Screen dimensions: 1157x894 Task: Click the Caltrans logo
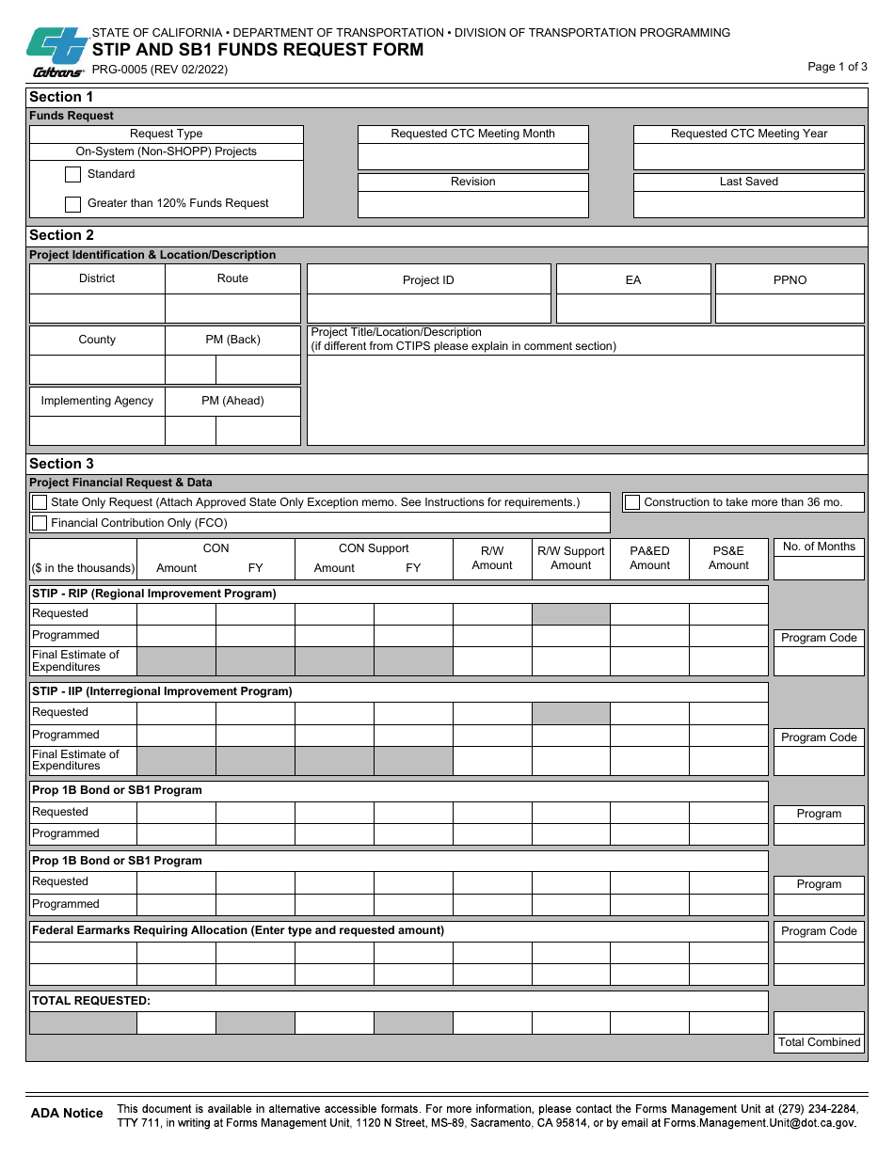[56, 52]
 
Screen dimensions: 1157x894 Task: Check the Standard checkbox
[72, 174]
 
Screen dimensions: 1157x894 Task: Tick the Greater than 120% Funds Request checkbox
[72, 204]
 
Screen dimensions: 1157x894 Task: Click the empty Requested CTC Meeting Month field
[472, 157]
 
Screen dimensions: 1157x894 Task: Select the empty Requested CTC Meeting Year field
[748, 157]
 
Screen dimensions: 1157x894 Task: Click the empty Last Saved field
[748, 205]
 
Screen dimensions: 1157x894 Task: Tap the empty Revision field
[472, 205]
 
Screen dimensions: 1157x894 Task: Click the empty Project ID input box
[428, 309]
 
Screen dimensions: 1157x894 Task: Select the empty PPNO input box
[790, 309]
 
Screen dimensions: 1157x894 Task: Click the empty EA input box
[633, 309]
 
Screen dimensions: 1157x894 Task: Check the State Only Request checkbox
[40, 502]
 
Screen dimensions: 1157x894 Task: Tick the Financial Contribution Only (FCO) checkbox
[40, 523]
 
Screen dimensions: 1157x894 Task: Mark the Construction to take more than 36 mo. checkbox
[632, 502]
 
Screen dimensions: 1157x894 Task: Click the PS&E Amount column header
[728, 558]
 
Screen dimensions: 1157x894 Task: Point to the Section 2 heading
[62, 235]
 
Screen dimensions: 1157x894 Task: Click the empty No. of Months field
[819, 568]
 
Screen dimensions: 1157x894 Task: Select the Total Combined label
[819, 1042]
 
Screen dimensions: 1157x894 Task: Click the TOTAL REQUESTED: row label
[91, 1001]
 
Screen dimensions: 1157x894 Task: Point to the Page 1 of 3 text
[838, 67]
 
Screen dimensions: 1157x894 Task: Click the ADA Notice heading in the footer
[67, 1114]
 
